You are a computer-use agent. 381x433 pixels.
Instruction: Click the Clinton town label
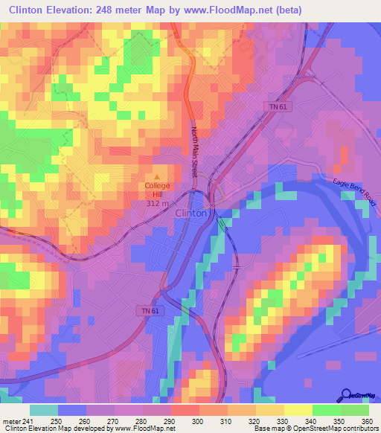(x=190, y=213)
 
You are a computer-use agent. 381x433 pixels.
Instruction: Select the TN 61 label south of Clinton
(x=149, y=310)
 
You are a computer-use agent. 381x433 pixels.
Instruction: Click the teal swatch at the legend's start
(x=43, y=410)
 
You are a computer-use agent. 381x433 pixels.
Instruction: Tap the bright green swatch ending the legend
(x=354, y=410)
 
